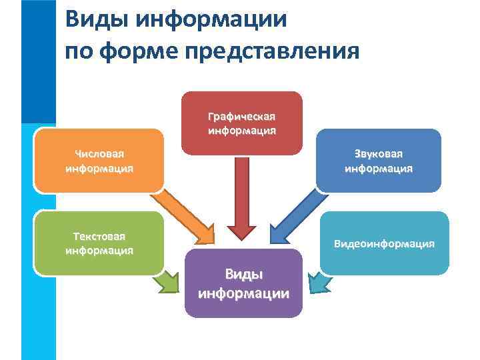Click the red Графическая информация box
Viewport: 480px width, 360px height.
click(x=241, y=123)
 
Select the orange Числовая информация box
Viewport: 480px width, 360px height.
click(x=99, y=161)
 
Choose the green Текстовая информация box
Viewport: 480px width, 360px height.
click(x=99, y=243)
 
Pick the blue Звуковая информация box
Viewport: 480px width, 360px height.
click(x=378, y=161)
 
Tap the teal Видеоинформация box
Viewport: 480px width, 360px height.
click(x=384, y=243)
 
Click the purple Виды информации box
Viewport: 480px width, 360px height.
click(x=243, y=283)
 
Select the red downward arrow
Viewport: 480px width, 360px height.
click(x=242, y=200)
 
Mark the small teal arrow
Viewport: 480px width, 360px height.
click(x=318, y=283)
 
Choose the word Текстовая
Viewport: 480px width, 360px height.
click(x=99, y=236)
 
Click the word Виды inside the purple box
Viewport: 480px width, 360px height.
click(x=243, y=274)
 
